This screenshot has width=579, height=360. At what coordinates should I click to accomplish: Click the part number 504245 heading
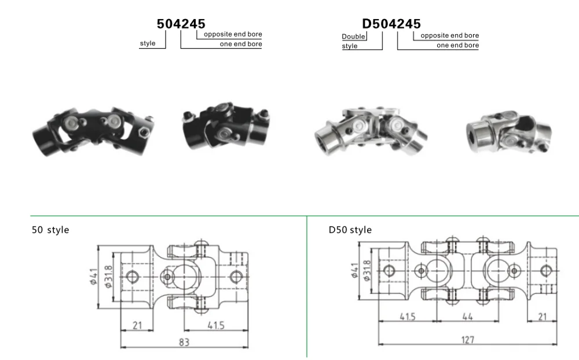click(181, 24)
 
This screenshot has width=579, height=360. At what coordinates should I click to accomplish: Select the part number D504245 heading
click(391, 24)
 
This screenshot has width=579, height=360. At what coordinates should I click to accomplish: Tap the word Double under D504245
click(353, 36)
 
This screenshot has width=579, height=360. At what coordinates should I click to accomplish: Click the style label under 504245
click(148, 43)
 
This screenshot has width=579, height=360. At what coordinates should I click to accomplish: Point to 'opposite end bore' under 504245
click(233, 34)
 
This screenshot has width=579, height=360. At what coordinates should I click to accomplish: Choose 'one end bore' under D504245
click(458, 45)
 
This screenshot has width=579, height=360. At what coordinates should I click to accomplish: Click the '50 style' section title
click(50, 230)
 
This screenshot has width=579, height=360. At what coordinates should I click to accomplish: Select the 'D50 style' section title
click(350, 230)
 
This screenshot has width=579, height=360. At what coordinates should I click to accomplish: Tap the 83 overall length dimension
click(184, 342)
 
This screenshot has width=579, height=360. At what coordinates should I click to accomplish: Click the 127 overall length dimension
click(467, 340)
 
